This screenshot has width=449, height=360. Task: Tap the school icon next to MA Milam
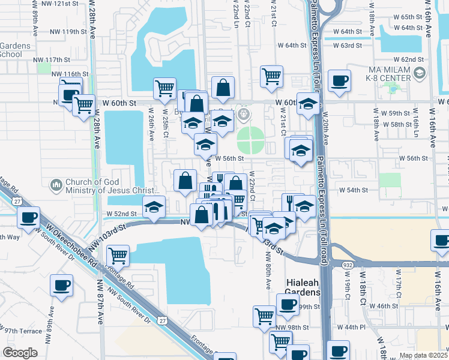pos(420,73)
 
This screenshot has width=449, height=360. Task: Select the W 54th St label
pos(352,190)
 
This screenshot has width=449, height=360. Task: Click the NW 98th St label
pos(293,328)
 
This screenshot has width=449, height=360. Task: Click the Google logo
pos(20,353)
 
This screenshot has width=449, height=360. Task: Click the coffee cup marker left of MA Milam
pos(340,81)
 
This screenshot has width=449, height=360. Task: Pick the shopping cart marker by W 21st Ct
pos(272,76)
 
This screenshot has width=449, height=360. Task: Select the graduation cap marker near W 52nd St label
pos(154,207)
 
